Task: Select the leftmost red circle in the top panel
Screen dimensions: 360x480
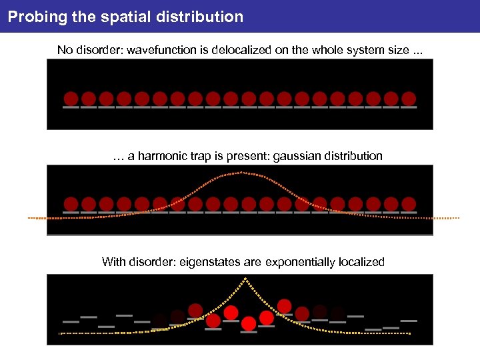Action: tap(71, 98)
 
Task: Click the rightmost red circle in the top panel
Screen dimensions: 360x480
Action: tap(409, 98)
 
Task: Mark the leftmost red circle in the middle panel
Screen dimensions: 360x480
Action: tap(71, 203)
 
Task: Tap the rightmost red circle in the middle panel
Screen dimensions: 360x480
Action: tap(409, 203)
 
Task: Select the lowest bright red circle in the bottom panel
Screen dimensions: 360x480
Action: tap(249, 324)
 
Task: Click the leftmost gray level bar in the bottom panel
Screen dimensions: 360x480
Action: tap(71, 321)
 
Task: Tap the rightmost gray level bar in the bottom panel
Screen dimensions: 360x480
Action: tap(409, 321)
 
